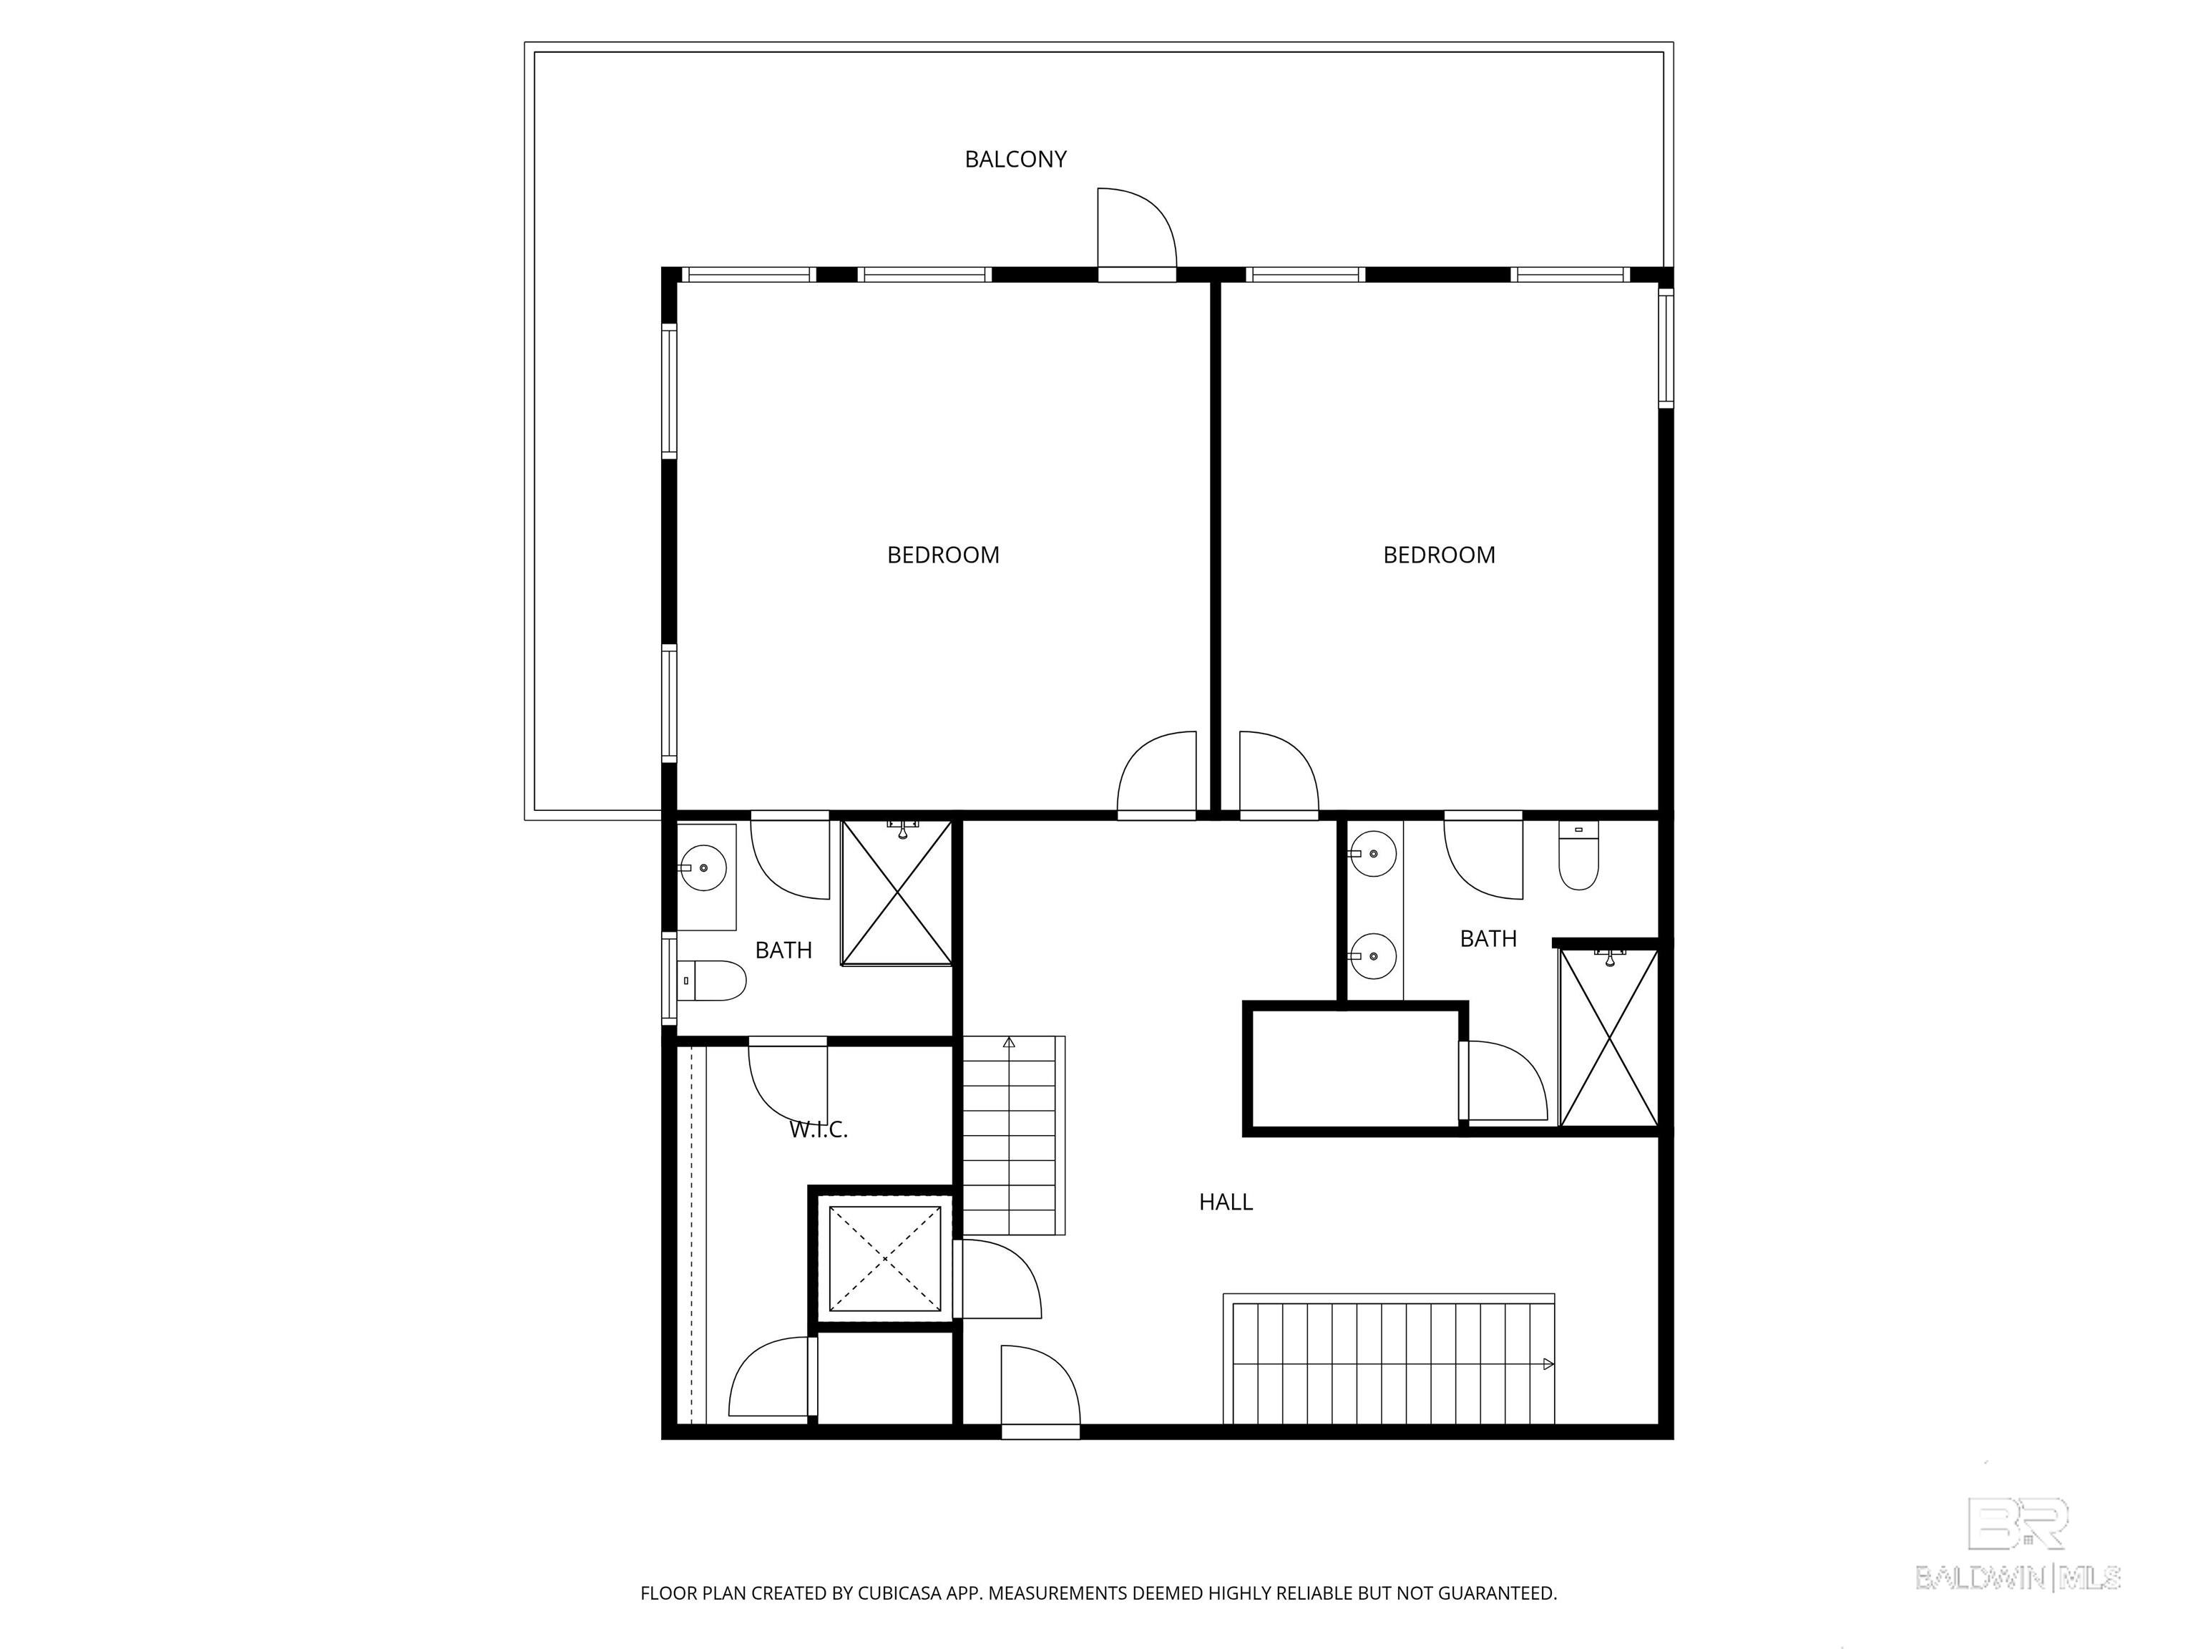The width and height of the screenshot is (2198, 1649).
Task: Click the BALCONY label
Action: coord(1015,159)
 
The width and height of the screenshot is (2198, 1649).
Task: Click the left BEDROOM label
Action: coord(942,555)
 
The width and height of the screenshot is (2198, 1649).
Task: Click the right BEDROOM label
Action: coord(1438,555)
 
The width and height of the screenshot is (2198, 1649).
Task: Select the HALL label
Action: coord(1225,1202)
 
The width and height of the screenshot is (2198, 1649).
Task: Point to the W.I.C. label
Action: coord(818,1129)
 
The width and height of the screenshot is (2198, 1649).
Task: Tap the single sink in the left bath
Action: coord(703,867)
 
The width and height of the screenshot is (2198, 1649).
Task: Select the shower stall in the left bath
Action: coord(897,892)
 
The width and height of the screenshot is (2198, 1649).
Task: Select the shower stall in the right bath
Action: coord(1608,1037)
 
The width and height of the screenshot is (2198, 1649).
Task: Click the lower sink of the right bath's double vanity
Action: coord(1373,956)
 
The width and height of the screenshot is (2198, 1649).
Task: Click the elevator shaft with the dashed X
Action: coord(884,1258)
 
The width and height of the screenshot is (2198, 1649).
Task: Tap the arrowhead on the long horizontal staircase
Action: coord(1547,1363)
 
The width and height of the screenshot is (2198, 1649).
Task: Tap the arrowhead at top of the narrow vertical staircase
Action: coord(1009,1043)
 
